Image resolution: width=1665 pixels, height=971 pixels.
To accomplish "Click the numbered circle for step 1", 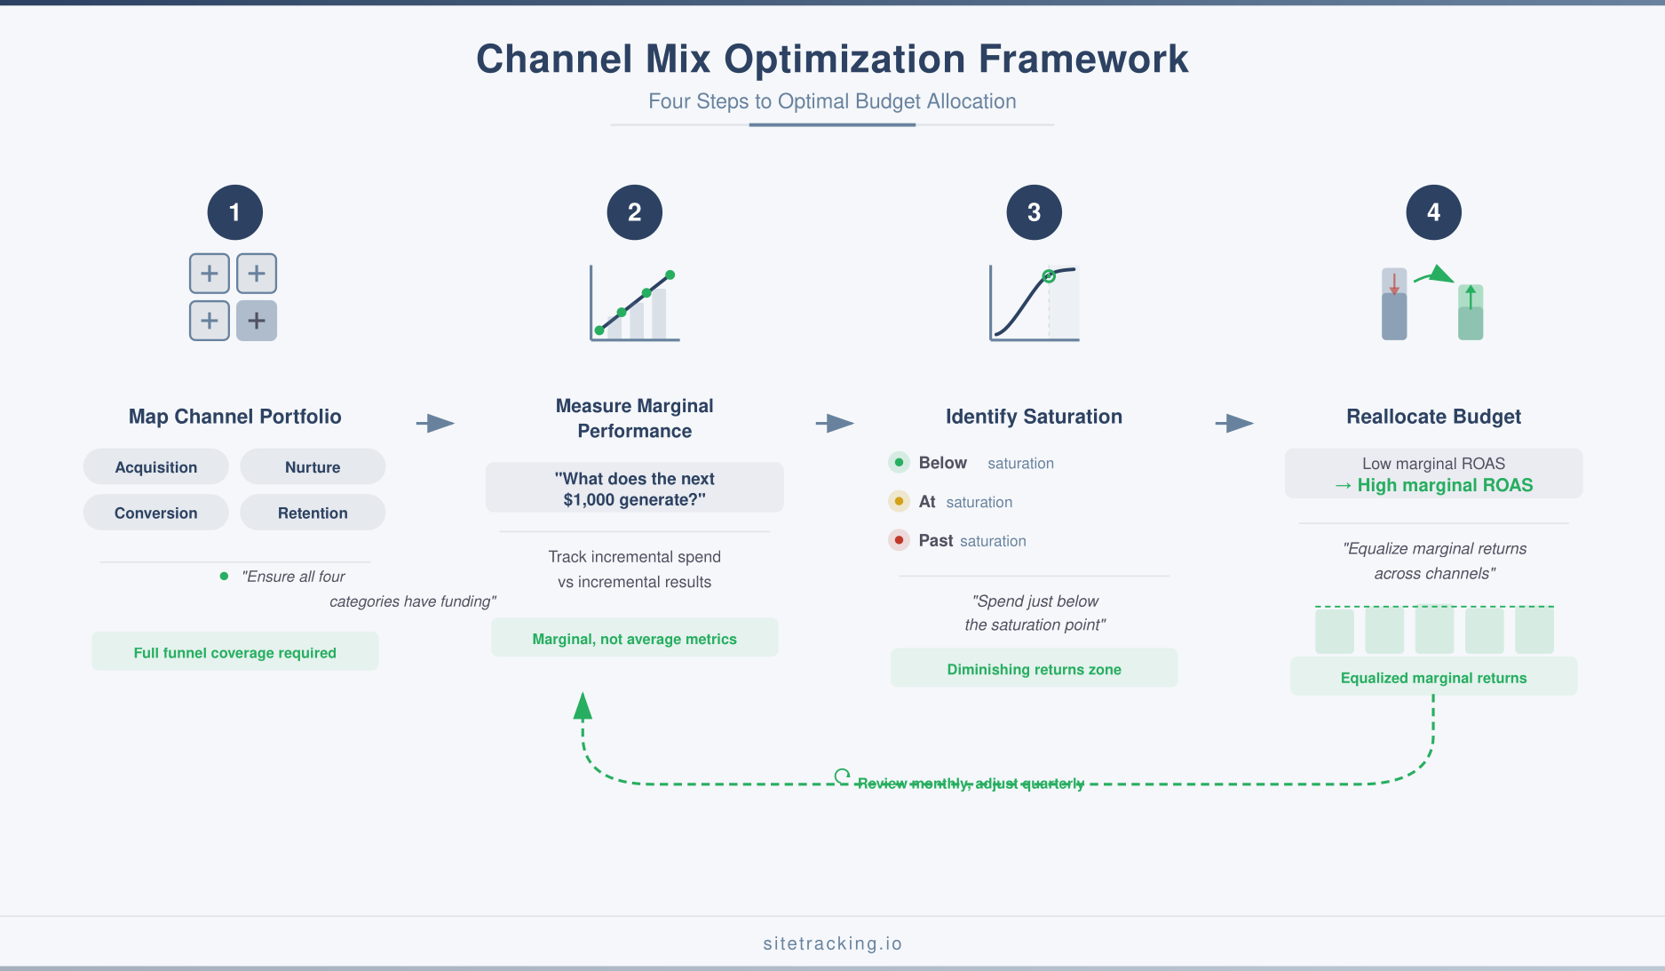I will pyautogui.click(x=234, y=212).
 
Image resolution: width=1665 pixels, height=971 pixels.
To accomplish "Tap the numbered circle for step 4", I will pyautogui.click(x=1433, y=212).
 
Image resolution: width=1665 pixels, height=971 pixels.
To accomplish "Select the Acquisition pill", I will pyautogui.click(x=156, y=467).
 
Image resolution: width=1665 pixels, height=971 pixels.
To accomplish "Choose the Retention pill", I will pyautogui.click(x=313, y=513).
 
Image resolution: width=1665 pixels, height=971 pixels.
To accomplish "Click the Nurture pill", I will pyautogui.click(x=313, y=467).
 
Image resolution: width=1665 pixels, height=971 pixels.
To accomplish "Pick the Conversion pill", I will pyautogui.click(x=156, y=513).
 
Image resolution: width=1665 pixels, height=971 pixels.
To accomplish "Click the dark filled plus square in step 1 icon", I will pyautogui.click(x=257, y=321).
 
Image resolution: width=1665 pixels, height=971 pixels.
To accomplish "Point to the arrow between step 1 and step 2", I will pyautogui.click(x=435, y=423).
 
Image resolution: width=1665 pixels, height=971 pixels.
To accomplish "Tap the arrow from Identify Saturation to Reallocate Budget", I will pyautogui.click(x=1234, y=423).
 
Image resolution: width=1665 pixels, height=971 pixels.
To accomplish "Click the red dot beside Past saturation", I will pyautogui.click(x=899, y=540).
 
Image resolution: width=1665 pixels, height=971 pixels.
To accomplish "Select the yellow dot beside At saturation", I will pyautogui.click(x=899, y=501).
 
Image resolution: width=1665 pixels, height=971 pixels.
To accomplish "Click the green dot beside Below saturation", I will pyautogui.click(x=899, y=462).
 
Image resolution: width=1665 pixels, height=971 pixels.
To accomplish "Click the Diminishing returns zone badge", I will pyautogui.click(x=1034, y=669).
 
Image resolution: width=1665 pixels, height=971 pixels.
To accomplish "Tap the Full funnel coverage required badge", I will pyautogui.click(x=235, y=652).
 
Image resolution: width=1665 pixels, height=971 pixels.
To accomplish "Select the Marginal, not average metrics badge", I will pyautogui.click(x=635, y=639).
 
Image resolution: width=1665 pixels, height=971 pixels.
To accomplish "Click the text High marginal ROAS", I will pyautogui.click(x=1445, y=485).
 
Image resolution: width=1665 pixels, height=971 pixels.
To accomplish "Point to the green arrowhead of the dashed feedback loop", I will pyautogui.click(x=583, y=706).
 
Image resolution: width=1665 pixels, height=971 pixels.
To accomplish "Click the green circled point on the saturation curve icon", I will pyautogui.click(x=1049, y=276).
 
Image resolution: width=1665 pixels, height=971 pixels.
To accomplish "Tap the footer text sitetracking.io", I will pyautogui.click(x=832, y=943).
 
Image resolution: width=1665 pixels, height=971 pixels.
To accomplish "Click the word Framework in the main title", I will pyautogui.click(x=1083, y=60).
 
